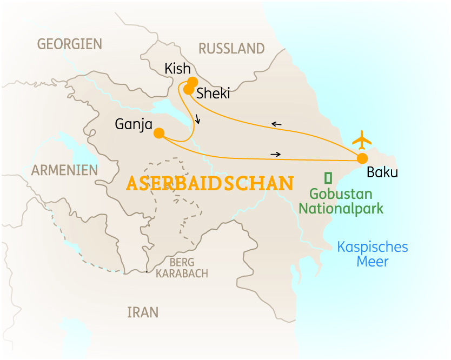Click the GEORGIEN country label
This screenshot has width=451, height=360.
(x=69, y=44)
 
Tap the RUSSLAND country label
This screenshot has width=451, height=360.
(x=231, y=49)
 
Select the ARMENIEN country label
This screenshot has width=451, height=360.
(x=64, y=170)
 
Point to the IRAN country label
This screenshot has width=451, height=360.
(x=143, y=312)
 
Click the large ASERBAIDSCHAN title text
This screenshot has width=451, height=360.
(x=209, y=183)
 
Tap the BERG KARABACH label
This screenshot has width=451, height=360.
(x=182, y=268)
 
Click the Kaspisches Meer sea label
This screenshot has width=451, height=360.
(x=372, y=255)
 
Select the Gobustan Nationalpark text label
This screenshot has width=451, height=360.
(x=341, y=201)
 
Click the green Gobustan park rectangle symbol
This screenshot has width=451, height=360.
(x=328, y=177)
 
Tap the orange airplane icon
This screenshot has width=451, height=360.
(x=362, y=140)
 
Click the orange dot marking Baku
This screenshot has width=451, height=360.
(x=362, y=158)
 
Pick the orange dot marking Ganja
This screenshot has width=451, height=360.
(x=159, y=133)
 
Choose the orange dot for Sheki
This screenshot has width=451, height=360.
(x=188, y=89)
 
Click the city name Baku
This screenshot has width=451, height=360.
(x=382, y=173)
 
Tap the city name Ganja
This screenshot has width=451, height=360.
(x=130, y=124)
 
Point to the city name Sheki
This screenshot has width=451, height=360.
(x=213, y=93)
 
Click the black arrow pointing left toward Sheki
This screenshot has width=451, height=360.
(x=276, y=124)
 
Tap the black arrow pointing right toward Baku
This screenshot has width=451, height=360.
(x=276, y=155)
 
